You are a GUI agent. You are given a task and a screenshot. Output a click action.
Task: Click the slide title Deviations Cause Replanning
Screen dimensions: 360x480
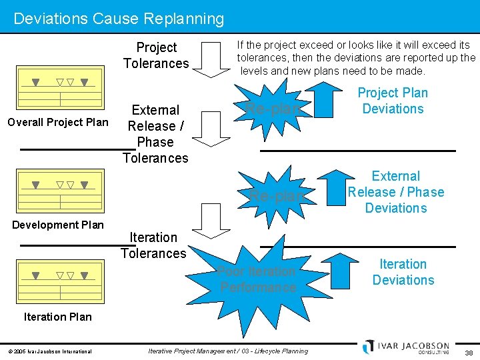[x=119, y=18]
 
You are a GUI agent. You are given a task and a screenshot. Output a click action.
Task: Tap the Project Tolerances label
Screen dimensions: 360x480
[x=156, y=55]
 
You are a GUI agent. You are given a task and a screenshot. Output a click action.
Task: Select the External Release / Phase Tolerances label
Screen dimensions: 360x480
[x=155, y=134]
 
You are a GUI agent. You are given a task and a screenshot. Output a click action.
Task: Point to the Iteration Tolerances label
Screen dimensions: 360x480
[x=153, y=245]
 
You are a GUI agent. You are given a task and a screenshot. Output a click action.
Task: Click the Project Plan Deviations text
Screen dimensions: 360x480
[x=393, y=101]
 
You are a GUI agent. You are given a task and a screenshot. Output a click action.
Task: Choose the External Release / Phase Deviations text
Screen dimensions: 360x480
[x=396, y=192]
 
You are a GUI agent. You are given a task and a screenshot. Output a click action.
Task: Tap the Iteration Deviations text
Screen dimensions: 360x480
[x=403, y=272]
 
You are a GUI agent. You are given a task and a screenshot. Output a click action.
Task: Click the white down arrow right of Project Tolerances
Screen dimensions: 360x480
[x=214, y=59]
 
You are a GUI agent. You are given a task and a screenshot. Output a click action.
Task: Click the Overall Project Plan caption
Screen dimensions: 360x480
[x=57, y=122]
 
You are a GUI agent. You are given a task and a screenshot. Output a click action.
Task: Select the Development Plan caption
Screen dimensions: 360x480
[x=58, y=225]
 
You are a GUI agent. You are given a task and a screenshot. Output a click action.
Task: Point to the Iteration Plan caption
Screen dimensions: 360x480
[x=58, y=317]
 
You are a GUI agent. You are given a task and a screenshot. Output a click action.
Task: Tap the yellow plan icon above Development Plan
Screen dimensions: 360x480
[x=60, y=191]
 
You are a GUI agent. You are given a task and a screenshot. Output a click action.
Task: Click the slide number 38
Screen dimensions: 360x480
[x=469, y=351]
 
